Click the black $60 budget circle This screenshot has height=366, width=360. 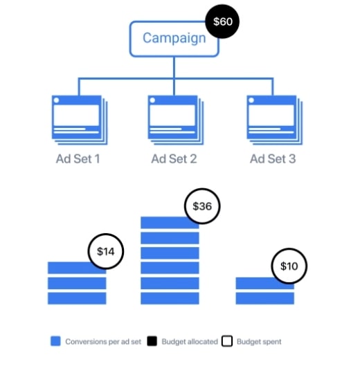[x=222, y=21]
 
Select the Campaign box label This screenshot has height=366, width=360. [x=174, y=38]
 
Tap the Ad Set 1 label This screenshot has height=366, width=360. [x=78, y=158]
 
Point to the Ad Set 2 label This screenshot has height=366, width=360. [x=174, y=158]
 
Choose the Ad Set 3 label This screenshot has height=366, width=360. [x=273, y=158]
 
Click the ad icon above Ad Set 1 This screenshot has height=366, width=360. [x=80, y=120]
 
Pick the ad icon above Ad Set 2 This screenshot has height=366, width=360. [x=176, y=120]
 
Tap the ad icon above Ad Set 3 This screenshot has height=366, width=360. [x=274, y=120]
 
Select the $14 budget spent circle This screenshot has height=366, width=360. [x=106, y=251]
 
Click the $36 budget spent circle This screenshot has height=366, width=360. [x=202, y=206]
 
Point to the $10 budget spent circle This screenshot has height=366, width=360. [x=289, y=266]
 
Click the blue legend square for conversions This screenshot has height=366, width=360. [x=55, y=341]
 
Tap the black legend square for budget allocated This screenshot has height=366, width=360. [x=152, y=341]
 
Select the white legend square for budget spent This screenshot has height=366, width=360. [x=227, y=341]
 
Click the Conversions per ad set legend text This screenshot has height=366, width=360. [x=103, y=342]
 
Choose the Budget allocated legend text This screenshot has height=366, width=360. [x=190, y=342]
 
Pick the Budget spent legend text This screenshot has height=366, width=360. [x=259, y=342]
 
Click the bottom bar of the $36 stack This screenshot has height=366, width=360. [x=170, y=298]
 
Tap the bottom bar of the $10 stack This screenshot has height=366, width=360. [x=265, y=298]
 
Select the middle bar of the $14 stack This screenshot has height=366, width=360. [x=77, y=283]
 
